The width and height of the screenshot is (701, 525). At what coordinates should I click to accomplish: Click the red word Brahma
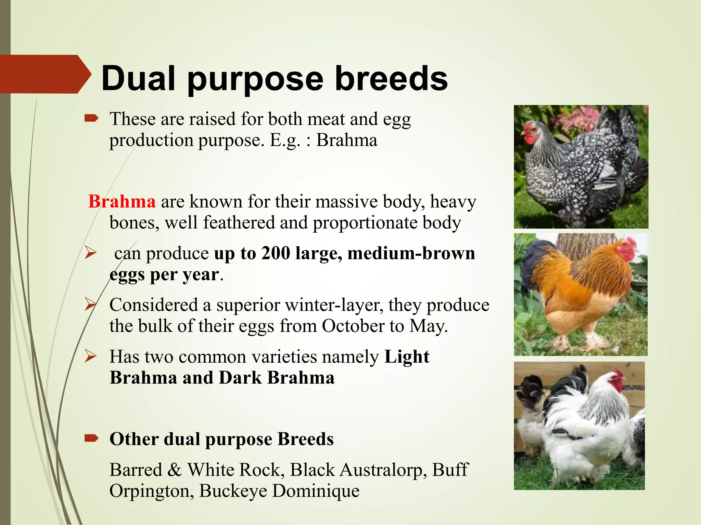point(122,201)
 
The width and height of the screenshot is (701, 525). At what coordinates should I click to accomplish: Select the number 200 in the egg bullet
point(276,253)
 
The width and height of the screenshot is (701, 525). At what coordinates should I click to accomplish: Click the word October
point(353,326)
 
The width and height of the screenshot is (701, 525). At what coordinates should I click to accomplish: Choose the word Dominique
point(316,491)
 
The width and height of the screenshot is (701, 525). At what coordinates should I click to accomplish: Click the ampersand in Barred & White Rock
point(175,470)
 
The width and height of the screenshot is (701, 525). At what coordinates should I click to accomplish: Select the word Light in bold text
point(407,357)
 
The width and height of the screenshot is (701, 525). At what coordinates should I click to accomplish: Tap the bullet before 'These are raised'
point(91,119)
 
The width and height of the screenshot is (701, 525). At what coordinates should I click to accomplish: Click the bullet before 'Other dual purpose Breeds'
point(91,438)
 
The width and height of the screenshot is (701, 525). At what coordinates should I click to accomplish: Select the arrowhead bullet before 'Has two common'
point(91,356)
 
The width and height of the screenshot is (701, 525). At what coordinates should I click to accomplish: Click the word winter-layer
point(334,305)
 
